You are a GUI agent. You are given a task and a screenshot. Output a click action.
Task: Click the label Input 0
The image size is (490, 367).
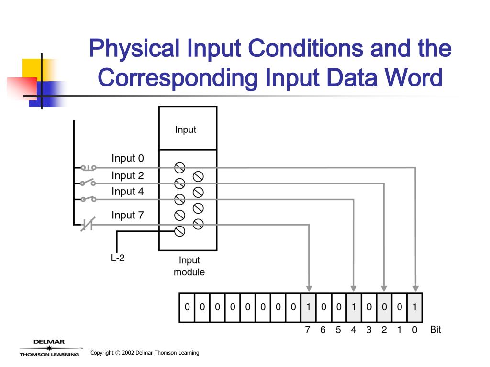point(127,158)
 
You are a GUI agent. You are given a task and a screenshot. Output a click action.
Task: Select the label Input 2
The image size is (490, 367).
point(127,175)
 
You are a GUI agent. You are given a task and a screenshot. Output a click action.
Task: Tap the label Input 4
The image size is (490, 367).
point(127,192)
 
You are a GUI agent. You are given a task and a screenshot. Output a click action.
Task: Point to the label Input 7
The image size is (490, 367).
point(127,215)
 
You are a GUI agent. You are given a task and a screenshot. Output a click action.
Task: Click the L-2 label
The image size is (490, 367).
point(118,259)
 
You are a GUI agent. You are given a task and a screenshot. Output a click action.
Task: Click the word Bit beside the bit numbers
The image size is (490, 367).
point(435,330)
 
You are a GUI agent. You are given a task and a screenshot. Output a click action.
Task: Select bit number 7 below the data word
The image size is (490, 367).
point(308,330)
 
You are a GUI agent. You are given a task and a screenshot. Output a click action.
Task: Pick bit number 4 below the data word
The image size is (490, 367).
point(354,330)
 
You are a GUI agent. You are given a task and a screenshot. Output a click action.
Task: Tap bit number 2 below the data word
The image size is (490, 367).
point(384,330)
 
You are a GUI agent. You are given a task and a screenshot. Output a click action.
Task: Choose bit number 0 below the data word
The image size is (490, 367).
point(414,330)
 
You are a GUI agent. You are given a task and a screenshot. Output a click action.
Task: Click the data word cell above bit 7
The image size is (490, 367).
point(308,307)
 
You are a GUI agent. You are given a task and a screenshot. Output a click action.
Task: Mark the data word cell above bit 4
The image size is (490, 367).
point(354,307)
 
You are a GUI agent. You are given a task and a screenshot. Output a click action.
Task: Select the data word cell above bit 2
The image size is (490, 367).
point(384,307)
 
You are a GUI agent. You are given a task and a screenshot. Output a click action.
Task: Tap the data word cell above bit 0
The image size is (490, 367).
point(414,307)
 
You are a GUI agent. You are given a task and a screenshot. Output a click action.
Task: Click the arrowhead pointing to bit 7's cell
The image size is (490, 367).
point(309,288)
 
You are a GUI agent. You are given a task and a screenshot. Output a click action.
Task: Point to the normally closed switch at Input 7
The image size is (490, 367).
point(88,224)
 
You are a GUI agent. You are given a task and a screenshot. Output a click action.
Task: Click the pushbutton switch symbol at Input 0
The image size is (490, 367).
point(88,167)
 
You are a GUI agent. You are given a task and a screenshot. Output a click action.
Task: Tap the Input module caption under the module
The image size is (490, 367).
point(189,266)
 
